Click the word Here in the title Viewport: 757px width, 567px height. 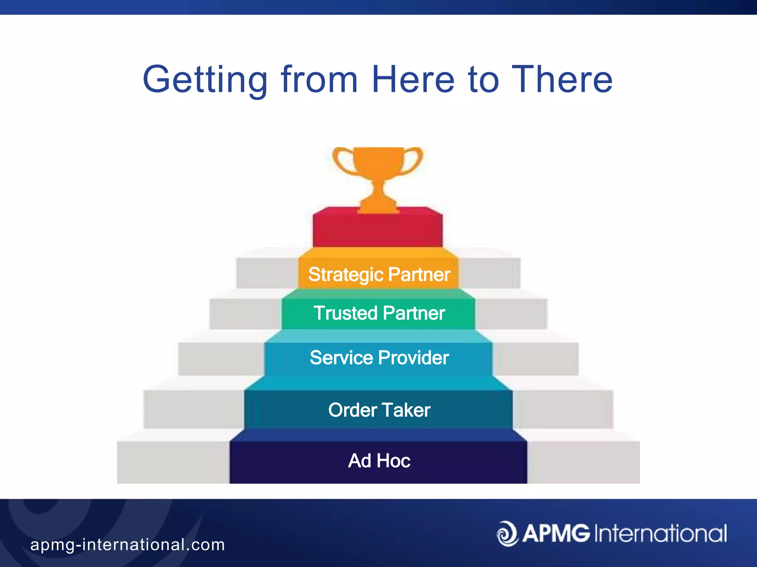click(413, 80)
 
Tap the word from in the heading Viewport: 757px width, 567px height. click(319, 80)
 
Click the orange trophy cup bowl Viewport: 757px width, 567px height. click(378, 162)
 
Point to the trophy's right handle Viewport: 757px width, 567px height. click(415, 161)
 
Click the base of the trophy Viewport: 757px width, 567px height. click(378, 207)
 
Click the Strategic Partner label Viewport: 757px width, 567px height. click(379, 275)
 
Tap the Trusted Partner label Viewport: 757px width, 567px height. click(379, 313)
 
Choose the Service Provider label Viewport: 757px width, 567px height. click(379, 358)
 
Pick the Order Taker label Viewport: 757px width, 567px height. click(379, 410)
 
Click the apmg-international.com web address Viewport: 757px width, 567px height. click(128, 545)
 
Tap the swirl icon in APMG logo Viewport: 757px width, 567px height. click(507, 534)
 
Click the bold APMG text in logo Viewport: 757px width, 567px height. click(556, 534)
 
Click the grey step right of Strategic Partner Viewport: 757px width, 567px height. click(490, 273)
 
